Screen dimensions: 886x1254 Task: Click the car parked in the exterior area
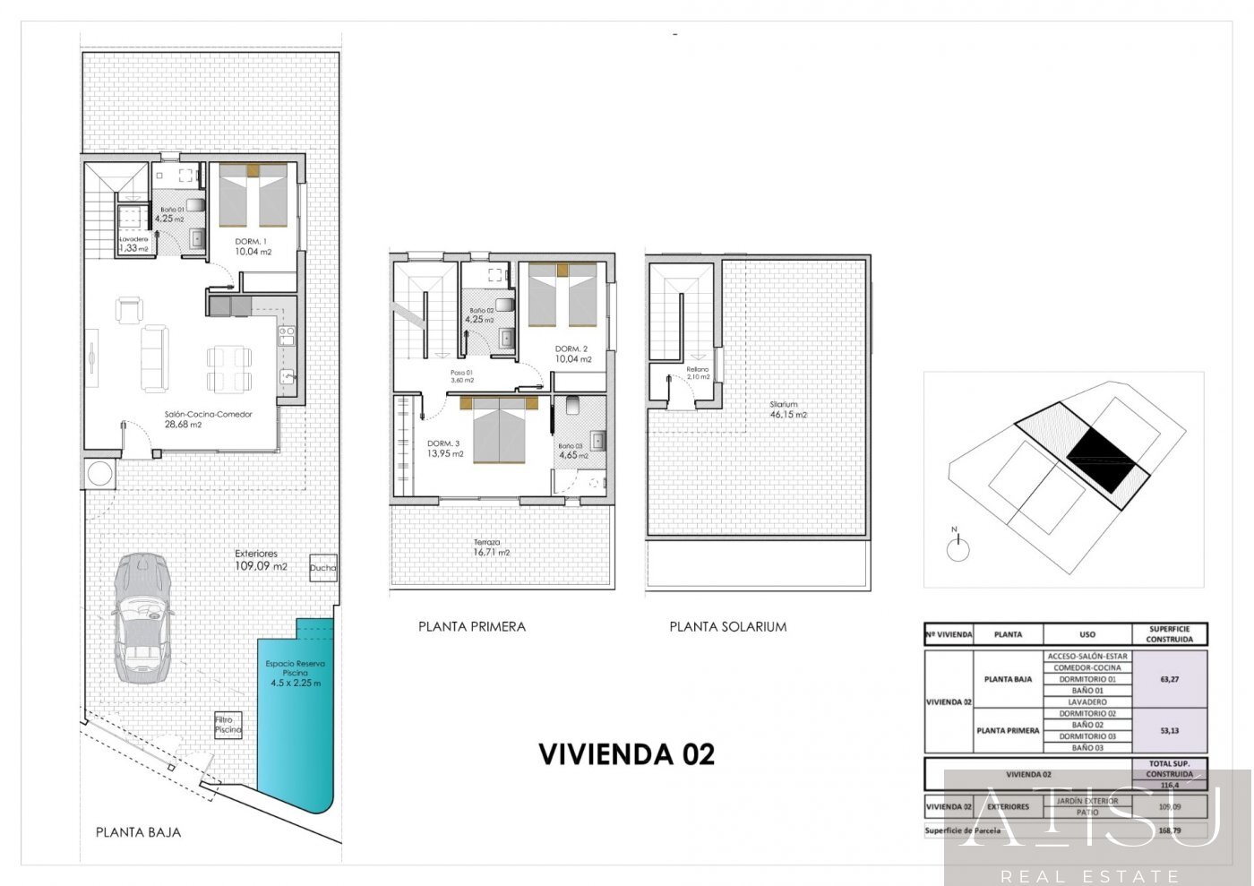pos(142,617)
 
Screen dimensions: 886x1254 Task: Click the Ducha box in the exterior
pos(322,567)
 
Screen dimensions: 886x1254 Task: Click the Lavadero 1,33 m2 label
pos(134,244)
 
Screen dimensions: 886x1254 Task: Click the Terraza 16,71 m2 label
pos(491,547)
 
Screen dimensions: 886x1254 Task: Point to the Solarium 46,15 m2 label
pos(788,409)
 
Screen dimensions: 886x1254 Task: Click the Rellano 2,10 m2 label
pos(698,373)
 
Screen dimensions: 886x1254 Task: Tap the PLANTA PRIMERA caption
pos(471,626)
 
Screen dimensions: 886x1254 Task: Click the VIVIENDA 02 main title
pos(626,754)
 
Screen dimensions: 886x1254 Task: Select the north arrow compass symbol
pos(958,547)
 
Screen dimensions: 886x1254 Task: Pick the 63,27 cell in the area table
pos(1169,679)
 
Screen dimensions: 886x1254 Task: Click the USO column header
pos(1087,634)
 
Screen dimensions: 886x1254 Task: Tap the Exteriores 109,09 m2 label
pos(261,560)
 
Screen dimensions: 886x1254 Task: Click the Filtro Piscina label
pos(228,724)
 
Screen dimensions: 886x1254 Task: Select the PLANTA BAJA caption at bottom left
pos(138,832)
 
